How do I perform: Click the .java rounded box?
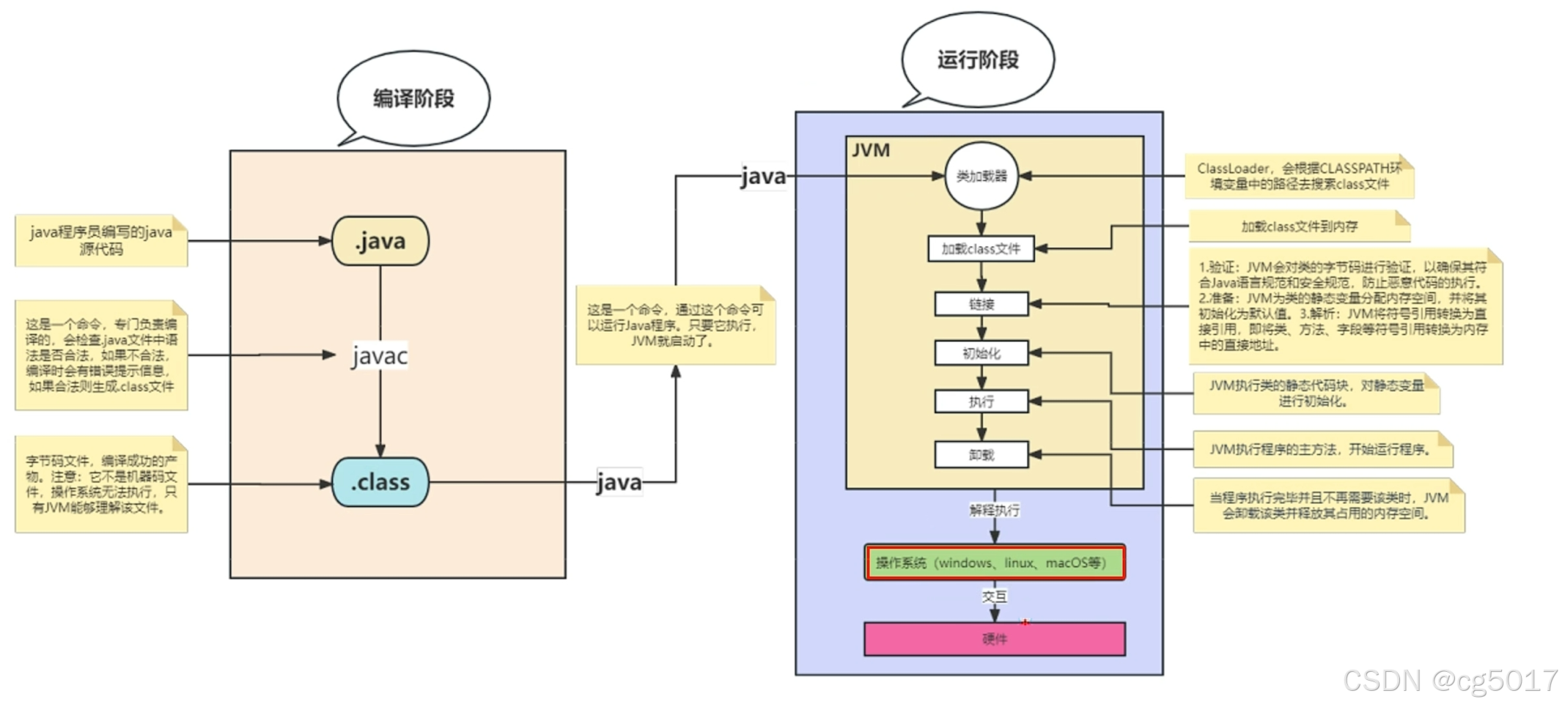(380, 241)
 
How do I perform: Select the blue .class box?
(380, 482)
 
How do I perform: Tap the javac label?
(379, 356)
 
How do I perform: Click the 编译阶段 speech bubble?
(413, 98)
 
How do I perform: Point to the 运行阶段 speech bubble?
(978, 59)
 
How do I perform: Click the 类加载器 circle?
(981, 176)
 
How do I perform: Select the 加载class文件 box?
(981, 249)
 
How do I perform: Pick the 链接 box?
(981, 304)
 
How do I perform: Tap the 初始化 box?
(981, 353)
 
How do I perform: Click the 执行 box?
(981, 401)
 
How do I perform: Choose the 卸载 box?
(981, 455)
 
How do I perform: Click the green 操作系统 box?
(994, 563)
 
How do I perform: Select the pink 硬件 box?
(994, 639)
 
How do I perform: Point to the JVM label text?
(871, 150)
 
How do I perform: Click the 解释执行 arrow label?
(994, 510)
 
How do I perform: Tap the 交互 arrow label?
(994, 596)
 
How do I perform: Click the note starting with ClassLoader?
(1299, 177)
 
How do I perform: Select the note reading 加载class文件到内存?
(1299, 226)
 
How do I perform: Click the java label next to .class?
(619, 482)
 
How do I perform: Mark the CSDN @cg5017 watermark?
(1450, 681)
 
